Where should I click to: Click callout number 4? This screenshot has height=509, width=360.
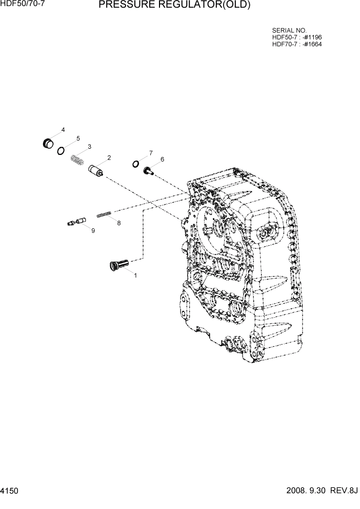tap(63, 130)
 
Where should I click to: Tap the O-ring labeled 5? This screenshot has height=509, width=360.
tap(61, 150)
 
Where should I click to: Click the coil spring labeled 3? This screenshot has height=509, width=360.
tap(77, 160)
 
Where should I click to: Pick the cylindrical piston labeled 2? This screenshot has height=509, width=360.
tap(97, 170)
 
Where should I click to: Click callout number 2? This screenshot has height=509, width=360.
tap(109, 157)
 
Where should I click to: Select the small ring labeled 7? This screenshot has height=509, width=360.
tap(135, 164)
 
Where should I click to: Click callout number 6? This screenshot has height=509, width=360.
tap(162, 159)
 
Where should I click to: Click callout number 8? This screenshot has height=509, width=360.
tap(118, 223)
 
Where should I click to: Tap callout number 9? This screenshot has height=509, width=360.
tap(93, 231)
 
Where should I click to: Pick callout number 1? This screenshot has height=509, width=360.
tap(135, 276)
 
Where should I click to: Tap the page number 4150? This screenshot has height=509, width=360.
tap(10, 491)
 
